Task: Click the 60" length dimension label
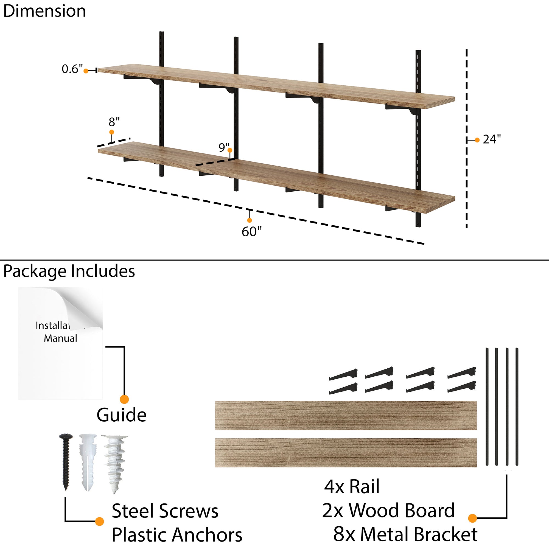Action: point(251,232)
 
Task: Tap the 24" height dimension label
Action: point(492,139)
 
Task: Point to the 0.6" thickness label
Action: point(72,69)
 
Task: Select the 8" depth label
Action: point(114,122)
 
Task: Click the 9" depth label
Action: point(224,147)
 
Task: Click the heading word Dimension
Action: point(44,11)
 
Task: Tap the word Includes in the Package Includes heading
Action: point(103,271)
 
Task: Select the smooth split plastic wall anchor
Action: point(87,462)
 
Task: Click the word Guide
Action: point(121,415)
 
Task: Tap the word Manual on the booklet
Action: point(60,338)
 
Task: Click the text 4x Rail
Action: point(352,487)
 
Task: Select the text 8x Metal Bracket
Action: point(405,534)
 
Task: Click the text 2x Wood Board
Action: point(388,510)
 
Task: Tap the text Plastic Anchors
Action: point(177,535)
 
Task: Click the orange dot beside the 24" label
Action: point(477,140)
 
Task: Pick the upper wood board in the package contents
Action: point(346,415)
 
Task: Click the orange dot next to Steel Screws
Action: point(99,521)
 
